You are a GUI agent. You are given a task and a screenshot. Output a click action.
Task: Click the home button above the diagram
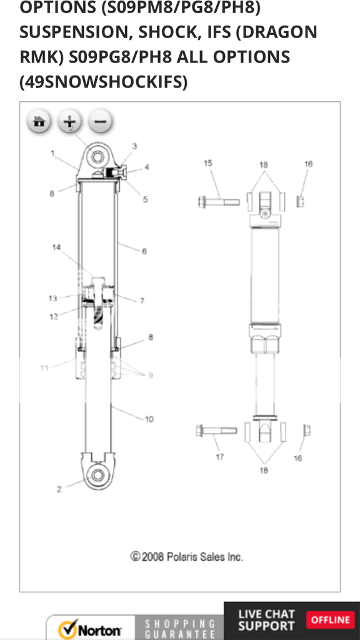coord(39,121)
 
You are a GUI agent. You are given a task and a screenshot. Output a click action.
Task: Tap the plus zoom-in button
coord(70,121)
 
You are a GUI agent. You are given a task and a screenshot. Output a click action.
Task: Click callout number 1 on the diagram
coord(53,153)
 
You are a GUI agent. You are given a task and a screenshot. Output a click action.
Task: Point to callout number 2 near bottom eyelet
coord(59,489)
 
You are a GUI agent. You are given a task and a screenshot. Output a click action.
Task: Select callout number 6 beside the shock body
coord(144,251)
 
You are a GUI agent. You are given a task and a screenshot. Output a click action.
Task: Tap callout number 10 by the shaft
coord(149,419)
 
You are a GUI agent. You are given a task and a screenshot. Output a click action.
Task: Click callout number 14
coord(56,247)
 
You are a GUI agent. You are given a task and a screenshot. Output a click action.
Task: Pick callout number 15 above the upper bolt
coord(207,164)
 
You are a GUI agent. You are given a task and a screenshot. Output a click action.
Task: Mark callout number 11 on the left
coord(44,368)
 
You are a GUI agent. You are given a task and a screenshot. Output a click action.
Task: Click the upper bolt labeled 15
coord(219,202)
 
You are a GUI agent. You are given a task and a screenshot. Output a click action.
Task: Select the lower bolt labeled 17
coord(216,431)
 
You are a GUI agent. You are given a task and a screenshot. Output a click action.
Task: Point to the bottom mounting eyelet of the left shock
coord(97,474)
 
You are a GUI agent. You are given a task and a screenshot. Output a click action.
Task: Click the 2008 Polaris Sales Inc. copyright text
coord(186,556)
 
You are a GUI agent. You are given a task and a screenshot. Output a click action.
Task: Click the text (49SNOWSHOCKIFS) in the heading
coord(103,81)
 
